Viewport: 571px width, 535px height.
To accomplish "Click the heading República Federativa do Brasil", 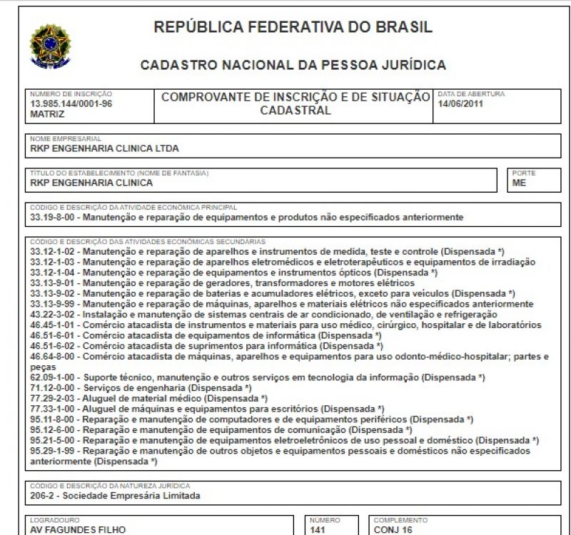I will (293, 28).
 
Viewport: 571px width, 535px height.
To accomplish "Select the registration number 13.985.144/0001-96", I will (71, 103).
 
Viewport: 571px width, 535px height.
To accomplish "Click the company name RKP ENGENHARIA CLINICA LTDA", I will (104, 148).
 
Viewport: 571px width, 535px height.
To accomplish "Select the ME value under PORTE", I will (520, 183).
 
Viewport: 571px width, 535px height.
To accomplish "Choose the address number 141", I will (318, 530).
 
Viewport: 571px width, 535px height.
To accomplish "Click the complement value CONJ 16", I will (393, 530).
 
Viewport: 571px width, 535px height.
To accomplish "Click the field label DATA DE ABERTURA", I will (471, 93).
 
